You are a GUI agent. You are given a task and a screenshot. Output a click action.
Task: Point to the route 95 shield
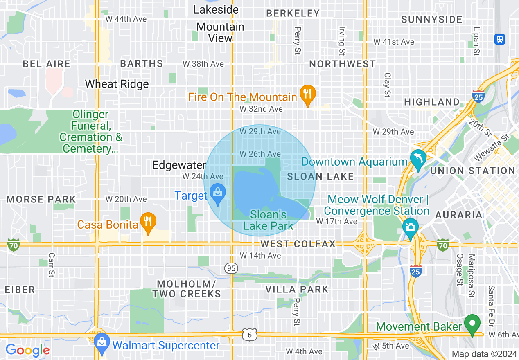231,268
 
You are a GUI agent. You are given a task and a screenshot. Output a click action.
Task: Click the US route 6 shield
249,335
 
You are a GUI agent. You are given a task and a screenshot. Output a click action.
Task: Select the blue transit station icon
499,39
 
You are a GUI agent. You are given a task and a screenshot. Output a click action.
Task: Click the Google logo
27,350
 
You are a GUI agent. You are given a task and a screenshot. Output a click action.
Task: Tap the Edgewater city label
179,165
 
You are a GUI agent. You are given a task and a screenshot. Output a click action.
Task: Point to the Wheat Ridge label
117,84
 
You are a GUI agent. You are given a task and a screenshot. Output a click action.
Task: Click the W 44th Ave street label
126,19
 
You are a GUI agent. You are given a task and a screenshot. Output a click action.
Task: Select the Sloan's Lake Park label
269,220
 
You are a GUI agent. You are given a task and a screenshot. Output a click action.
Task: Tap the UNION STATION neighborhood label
473,171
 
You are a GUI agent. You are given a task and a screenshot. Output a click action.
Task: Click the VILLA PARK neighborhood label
297,290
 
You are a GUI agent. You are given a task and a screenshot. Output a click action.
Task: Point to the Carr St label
51,265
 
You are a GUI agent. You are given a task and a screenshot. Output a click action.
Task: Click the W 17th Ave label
337,221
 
